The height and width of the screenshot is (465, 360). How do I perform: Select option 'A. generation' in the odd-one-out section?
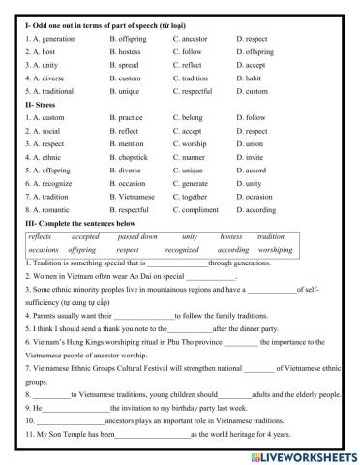[49, 36]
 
